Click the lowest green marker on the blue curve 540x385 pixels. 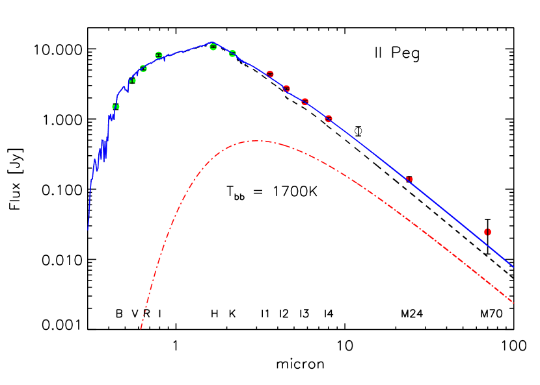(x=116, y=106)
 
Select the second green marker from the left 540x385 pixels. (x=133, y=81)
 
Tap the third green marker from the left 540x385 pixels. (x=143, y=68)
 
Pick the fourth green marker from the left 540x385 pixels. (x=159, y=55)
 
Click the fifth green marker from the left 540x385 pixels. (x=213, y=47)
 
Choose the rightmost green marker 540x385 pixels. (x=232, y=53)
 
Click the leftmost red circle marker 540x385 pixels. (x=270, y=74)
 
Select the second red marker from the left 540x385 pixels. (x=286, y=88)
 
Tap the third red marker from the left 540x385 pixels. (x=305, y=101)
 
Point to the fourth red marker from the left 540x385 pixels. (x=329, y=119)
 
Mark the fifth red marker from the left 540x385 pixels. (x=409, y=179)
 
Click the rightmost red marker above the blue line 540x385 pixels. (x=487, y=232)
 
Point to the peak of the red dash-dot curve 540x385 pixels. (x=257, y=140)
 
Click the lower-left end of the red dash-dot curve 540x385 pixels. (x=141, y=329)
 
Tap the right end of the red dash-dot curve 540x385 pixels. (x=514, y=303)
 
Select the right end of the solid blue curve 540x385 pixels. (x=514, y=267)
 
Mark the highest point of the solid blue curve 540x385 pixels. (x=212, y=43)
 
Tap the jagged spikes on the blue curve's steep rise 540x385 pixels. (x=102, y=150)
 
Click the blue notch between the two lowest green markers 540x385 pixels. (x=127, y=90)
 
